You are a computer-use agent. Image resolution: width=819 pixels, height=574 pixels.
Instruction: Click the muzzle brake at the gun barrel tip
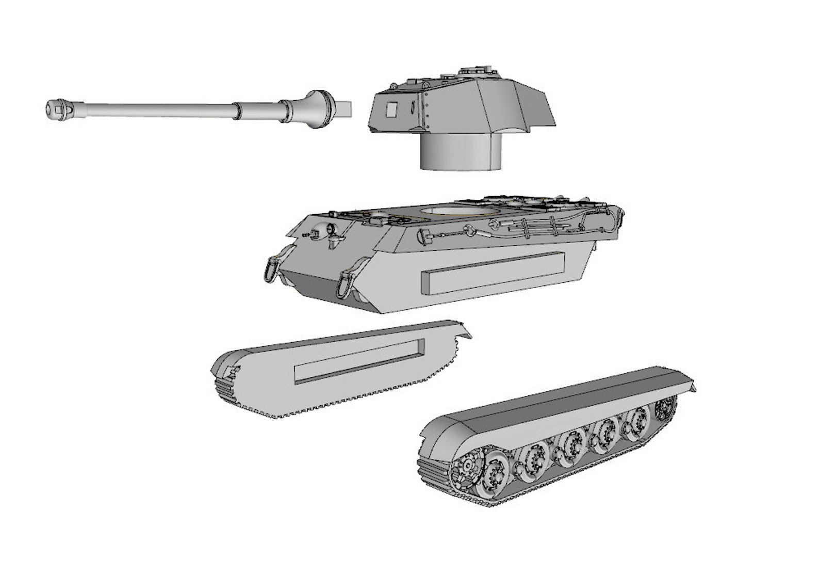pyautogui.click(x=60, y=109)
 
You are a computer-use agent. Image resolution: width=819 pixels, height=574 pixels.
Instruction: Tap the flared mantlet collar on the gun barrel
pyautogui.click(x=317, y=108)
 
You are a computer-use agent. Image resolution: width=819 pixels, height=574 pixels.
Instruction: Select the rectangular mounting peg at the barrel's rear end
pyautogui.click(x=343, y=108)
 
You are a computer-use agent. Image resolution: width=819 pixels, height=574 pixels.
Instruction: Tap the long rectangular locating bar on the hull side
pyautogui.click(x=493, y=273)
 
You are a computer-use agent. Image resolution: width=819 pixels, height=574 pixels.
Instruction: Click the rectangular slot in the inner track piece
pyautogui.click(x=359, y=361)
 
